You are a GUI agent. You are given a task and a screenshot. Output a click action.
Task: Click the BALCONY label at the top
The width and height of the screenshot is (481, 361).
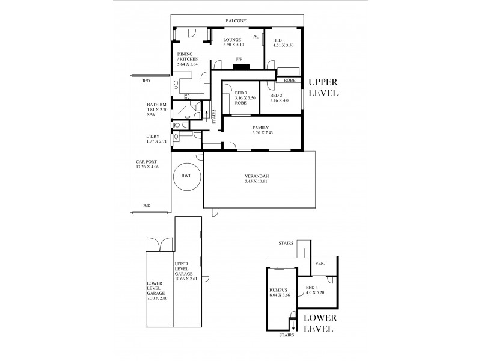(x=236, y=21)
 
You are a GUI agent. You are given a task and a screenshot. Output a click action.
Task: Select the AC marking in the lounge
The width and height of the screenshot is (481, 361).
(x=256, y=36)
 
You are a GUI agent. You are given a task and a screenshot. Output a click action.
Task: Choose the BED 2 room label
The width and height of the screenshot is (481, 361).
(x=276, y=96)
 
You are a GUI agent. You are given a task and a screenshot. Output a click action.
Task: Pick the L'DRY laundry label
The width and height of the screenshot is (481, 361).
(x=152, y=136)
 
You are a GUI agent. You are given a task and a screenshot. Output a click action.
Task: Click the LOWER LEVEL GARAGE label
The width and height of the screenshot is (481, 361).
(x=156, y=291)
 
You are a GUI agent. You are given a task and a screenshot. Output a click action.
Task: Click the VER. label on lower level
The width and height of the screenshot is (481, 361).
(x=320, y=264)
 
